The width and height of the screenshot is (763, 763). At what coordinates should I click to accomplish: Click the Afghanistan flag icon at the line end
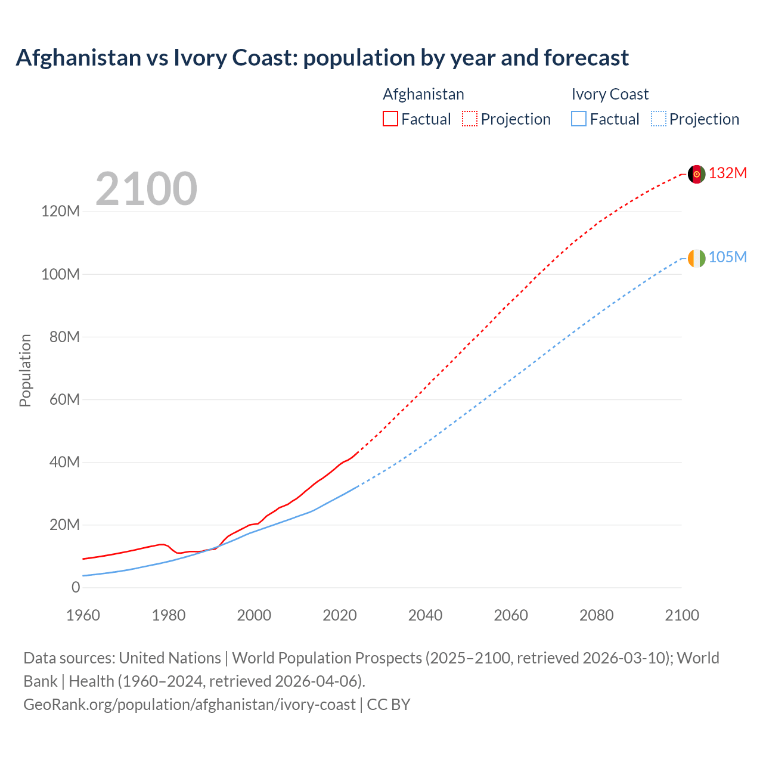[x=696, y=174]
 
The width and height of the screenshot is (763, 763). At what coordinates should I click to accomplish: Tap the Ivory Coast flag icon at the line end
[x=696, y=258]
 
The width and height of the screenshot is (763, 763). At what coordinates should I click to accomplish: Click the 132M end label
[x=727, y=173]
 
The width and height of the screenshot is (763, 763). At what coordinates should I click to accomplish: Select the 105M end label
[x=727, y=257]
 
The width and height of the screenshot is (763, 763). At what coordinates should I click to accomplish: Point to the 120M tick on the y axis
[x=60, y=212]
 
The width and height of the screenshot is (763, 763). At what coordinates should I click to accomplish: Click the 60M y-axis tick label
[x=64, y=399]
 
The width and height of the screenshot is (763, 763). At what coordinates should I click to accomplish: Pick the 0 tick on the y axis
[x=75, y=587]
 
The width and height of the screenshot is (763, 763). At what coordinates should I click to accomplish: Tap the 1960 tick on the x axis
[x=83, y=615]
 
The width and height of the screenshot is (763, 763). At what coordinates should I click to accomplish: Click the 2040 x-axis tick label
[x=425, y=615]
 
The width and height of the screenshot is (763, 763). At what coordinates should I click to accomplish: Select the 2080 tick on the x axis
[x=596, y=615]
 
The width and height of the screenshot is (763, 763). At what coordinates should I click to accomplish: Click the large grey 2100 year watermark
[x=146, y=189]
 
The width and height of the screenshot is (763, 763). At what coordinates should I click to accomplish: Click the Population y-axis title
[x=25, y=370]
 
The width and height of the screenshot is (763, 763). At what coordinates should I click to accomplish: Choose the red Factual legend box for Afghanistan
[x=390, y=119]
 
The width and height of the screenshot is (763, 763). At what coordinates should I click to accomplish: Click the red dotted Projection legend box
[x=470, y=119]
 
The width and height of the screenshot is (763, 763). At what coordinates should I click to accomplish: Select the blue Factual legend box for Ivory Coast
[x=578, y=119]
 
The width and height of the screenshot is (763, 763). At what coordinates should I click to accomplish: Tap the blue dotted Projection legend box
[x=658, y=119]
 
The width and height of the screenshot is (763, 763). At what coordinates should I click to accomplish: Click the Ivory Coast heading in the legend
[x=609, y=94]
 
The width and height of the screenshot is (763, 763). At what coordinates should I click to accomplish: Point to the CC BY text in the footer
[x=389, y=705]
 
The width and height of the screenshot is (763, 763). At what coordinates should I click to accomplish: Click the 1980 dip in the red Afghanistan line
[x=178, y=553]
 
